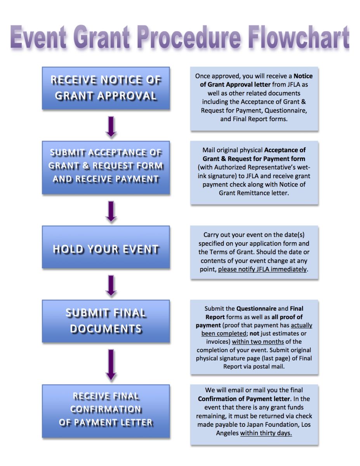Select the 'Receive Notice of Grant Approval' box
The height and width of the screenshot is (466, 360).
(106, 89)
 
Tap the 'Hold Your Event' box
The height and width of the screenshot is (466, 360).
(106, 247)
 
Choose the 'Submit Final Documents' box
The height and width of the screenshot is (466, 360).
(106, 321)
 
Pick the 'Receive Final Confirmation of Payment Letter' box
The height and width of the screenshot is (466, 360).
(106, 411)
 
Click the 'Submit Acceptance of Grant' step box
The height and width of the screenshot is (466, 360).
(106, 168)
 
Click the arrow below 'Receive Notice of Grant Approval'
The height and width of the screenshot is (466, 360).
(111, 127)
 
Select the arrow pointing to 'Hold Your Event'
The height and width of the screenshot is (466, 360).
(111, 212)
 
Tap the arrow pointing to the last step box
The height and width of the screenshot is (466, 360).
(111, 365)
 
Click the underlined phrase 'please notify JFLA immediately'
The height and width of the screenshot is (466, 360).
(263, 269)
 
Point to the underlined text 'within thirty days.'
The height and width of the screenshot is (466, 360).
(266, 433)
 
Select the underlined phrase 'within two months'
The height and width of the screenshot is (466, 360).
(258, 341)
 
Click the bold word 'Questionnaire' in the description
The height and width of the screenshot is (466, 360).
(256, 308)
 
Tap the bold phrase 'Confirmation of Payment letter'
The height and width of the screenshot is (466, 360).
(244, 399)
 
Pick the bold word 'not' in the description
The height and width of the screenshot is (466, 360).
(254, 334)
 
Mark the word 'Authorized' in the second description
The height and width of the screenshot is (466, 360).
(230, 167)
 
